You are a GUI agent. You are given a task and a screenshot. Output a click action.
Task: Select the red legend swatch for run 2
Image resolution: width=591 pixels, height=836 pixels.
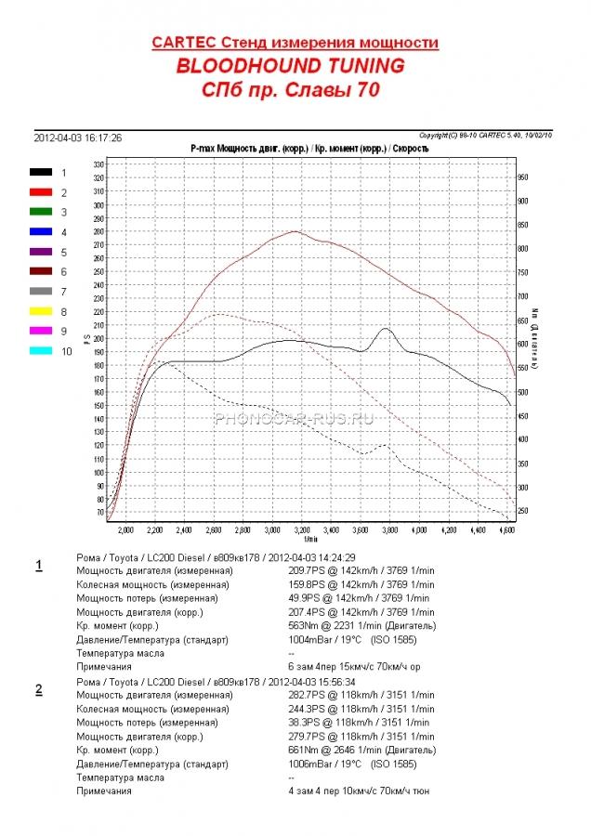pos(41,192)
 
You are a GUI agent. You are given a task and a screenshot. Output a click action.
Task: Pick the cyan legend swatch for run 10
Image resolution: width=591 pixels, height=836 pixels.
pos(41,351)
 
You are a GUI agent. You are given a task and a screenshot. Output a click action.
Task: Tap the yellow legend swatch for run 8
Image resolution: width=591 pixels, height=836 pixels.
pos(41,312)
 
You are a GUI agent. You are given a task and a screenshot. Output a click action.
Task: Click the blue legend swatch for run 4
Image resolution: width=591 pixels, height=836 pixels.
pos(41,232)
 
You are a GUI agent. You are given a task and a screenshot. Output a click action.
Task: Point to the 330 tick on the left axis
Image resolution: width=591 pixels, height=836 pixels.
pos(98,164)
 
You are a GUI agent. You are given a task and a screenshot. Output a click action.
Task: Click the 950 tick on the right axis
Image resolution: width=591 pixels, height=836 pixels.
pos(522,176)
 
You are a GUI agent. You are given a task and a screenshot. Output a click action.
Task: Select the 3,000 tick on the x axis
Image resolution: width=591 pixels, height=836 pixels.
pos(272,529)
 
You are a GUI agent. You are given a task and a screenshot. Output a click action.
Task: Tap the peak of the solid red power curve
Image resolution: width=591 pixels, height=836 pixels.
pos(295,231)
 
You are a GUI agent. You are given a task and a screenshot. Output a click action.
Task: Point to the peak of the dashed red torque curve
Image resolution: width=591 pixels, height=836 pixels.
pos(219,314)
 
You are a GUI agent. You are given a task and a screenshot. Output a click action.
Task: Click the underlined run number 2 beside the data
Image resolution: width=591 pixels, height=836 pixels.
pos(38,688)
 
